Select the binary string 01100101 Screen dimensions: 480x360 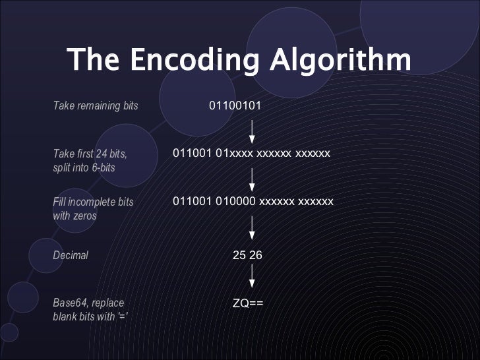(x=235, y=105)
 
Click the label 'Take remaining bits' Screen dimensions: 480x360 (x=95, y=105)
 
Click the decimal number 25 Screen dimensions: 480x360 (x=239, y=255)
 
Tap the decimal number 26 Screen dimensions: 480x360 (x=256, y=255)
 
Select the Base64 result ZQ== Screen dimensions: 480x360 (x=248, y=303)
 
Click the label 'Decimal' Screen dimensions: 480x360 (x=70, y=255)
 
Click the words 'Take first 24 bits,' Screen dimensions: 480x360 (x=90, y=154)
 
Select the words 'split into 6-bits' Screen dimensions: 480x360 (x=84, y=168)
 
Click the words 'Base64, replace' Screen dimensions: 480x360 (x=87, y=303)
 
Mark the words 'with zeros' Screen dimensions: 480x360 (x=74, y=216)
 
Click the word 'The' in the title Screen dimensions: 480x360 (x=93, y=61)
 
